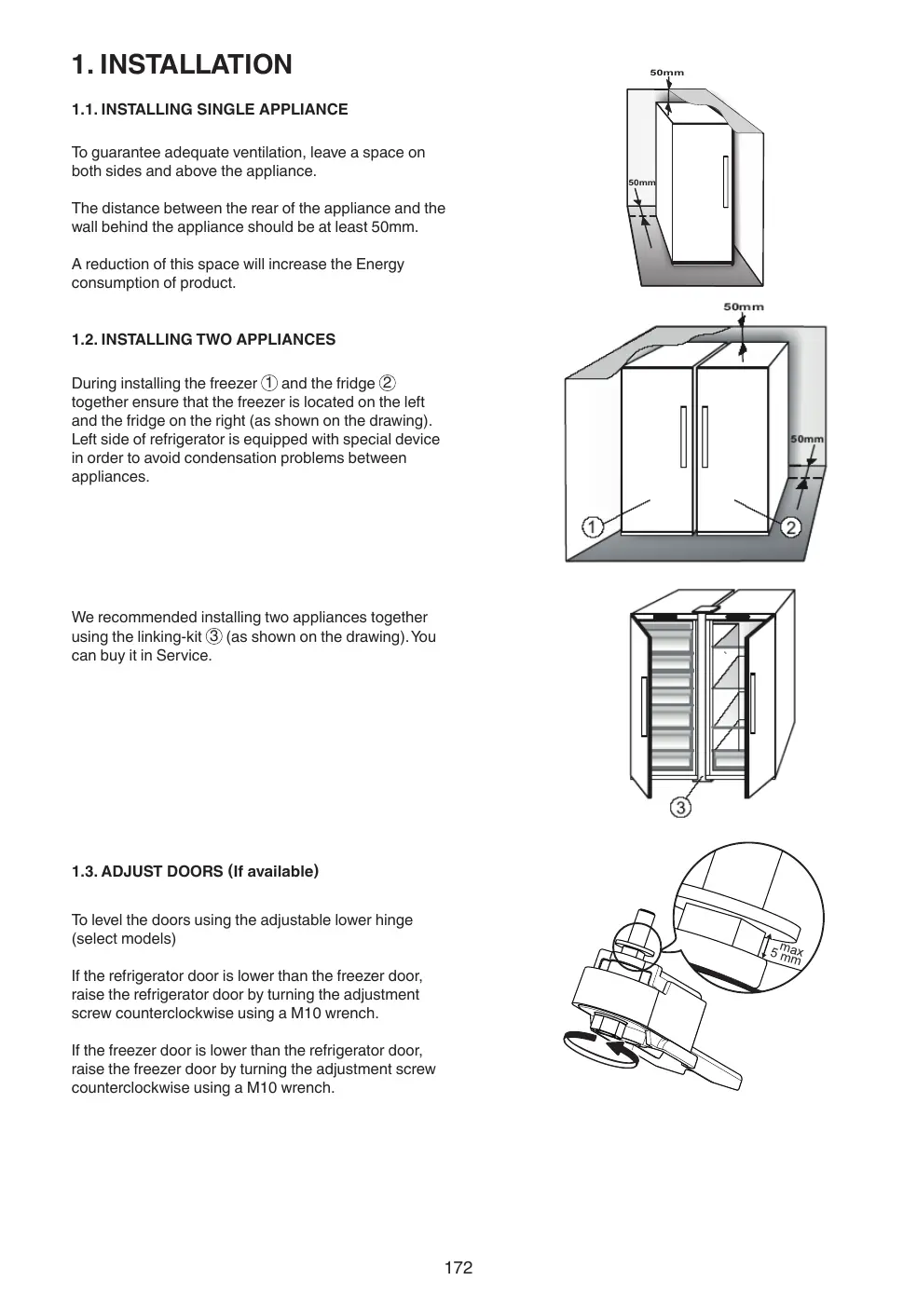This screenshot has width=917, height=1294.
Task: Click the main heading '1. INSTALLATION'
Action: [x=182, y=64]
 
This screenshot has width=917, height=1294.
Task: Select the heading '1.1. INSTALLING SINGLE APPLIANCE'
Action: [x=210, y=109]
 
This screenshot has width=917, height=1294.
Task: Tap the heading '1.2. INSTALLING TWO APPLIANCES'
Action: [x=203, y=339]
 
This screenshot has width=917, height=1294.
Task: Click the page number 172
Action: [x=458, y=1267]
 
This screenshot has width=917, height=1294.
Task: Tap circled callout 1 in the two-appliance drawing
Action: [x=592, y=527]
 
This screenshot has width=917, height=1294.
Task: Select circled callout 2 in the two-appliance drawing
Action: [x=790, y=527]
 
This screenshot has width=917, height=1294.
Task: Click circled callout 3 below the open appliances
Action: [x=681, y=807]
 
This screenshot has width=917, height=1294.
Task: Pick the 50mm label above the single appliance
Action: [x=666, y=73]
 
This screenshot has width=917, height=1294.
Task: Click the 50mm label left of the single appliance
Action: [x=641, y=183]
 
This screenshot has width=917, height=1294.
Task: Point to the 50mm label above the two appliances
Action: [x=743, y=306]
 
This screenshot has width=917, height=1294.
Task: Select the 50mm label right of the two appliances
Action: [x=806, y=439]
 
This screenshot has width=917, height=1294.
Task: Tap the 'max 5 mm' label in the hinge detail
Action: [x=786, y=952]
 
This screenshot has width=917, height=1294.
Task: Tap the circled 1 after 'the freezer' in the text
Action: [x=268, y=383]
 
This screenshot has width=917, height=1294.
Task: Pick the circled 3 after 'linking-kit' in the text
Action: [x=213, y=636]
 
